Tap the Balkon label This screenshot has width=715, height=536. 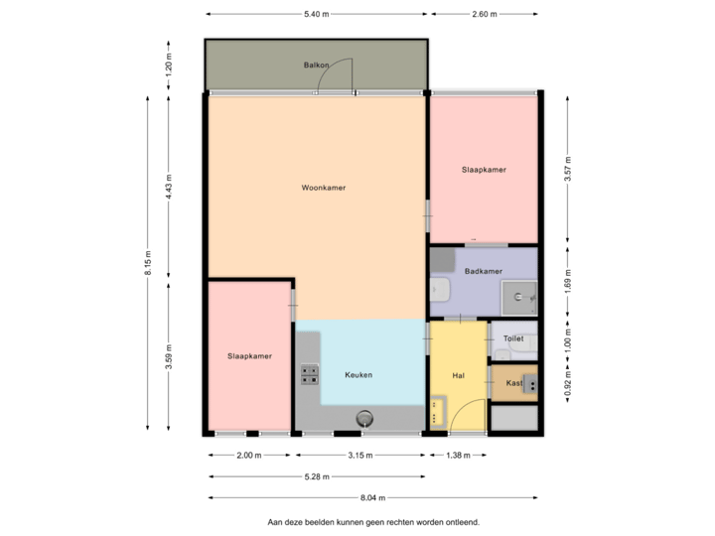(316, 65)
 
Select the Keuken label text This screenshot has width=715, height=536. (358, 375)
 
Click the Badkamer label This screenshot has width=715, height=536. (483, 271)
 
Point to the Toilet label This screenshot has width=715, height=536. (513, 338)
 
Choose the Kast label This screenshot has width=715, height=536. (513, 382)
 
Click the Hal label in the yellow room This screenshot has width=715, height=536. (458, 375)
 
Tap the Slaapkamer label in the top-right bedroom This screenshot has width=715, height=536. (484, 170)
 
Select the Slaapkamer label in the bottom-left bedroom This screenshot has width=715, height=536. (249, 355)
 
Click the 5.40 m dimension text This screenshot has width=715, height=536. (316, 14)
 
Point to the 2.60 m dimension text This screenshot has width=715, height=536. (485, 14)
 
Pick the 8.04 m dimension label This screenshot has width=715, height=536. (373, 498)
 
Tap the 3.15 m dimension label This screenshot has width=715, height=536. (359, 456)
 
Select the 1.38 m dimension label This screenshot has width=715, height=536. (458, 456)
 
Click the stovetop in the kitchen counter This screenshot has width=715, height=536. (310, 374)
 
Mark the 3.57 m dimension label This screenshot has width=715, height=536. (567, 169)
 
